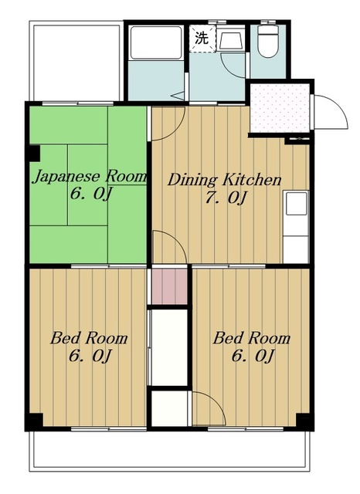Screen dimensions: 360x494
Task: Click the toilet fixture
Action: (268, 41)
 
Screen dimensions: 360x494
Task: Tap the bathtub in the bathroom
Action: (156, 43)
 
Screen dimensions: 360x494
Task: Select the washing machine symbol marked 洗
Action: (202, 39)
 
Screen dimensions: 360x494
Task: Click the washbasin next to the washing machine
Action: (231, 40)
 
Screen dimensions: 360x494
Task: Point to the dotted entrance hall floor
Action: (280, 108)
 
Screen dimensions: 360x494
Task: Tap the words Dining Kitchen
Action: (224, 180)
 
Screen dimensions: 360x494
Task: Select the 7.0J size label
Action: (225, 198)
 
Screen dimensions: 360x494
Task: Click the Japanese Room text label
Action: (90, 177)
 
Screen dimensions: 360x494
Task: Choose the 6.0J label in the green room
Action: (91, 194)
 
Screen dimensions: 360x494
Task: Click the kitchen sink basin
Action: (297, 204)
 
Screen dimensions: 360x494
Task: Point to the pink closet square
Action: (170, 286)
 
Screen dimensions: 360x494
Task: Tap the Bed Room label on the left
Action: (89, 338)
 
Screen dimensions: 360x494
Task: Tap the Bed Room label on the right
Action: (251, 338)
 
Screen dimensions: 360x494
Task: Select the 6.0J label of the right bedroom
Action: (253, 356)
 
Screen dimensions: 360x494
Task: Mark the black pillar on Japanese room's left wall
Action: (33, 153)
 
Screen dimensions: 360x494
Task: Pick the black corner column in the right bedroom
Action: (304, 421)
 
